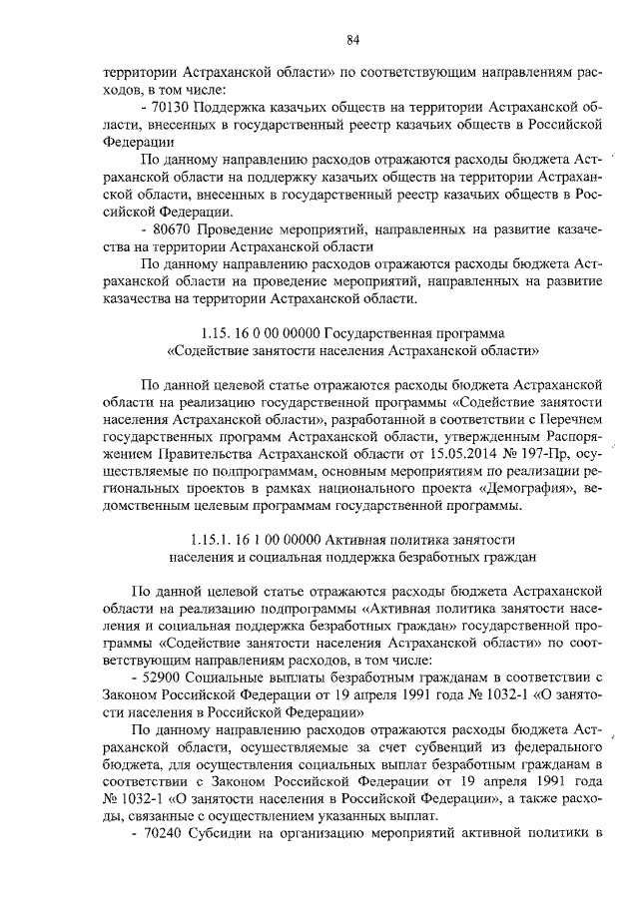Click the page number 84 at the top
(x=352, y=40)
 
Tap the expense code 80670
(x=174, y=227)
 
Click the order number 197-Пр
(x=483, y=452)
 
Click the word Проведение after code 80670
(x=242, y=227)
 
